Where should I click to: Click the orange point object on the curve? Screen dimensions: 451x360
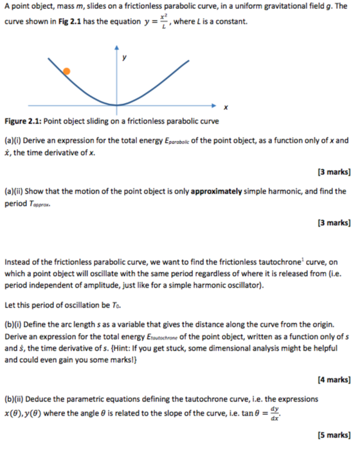[x=67, y=71]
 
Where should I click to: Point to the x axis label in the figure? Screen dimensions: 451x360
[x=226, y=107]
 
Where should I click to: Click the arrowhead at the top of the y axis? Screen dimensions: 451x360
[x=117, y=48]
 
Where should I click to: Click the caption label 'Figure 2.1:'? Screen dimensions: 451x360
[x=22, y=121]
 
